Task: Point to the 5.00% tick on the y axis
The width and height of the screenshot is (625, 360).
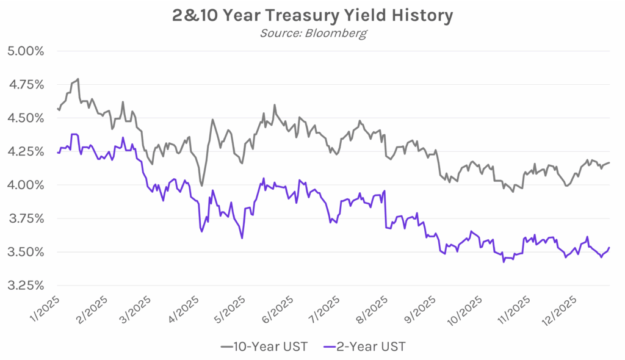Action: click(25, 51)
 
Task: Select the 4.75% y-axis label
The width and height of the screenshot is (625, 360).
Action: click(25, 84)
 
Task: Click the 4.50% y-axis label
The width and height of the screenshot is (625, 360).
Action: click(25, 118)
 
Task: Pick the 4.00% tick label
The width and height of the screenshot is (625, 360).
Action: click(25, 185)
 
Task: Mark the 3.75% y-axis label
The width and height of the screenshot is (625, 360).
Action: click(25, 218)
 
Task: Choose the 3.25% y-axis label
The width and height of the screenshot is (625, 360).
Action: click(25, 286)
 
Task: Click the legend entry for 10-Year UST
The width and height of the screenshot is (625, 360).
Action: click(264, 347)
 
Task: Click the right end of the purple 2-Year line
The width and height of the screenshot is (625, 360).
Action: click(609, 247)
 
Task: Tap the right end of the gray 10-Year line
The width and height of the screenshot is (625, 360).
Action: click(609, 163)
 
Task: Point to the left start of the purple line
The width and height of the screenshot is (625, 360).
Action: click(57, 153)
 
